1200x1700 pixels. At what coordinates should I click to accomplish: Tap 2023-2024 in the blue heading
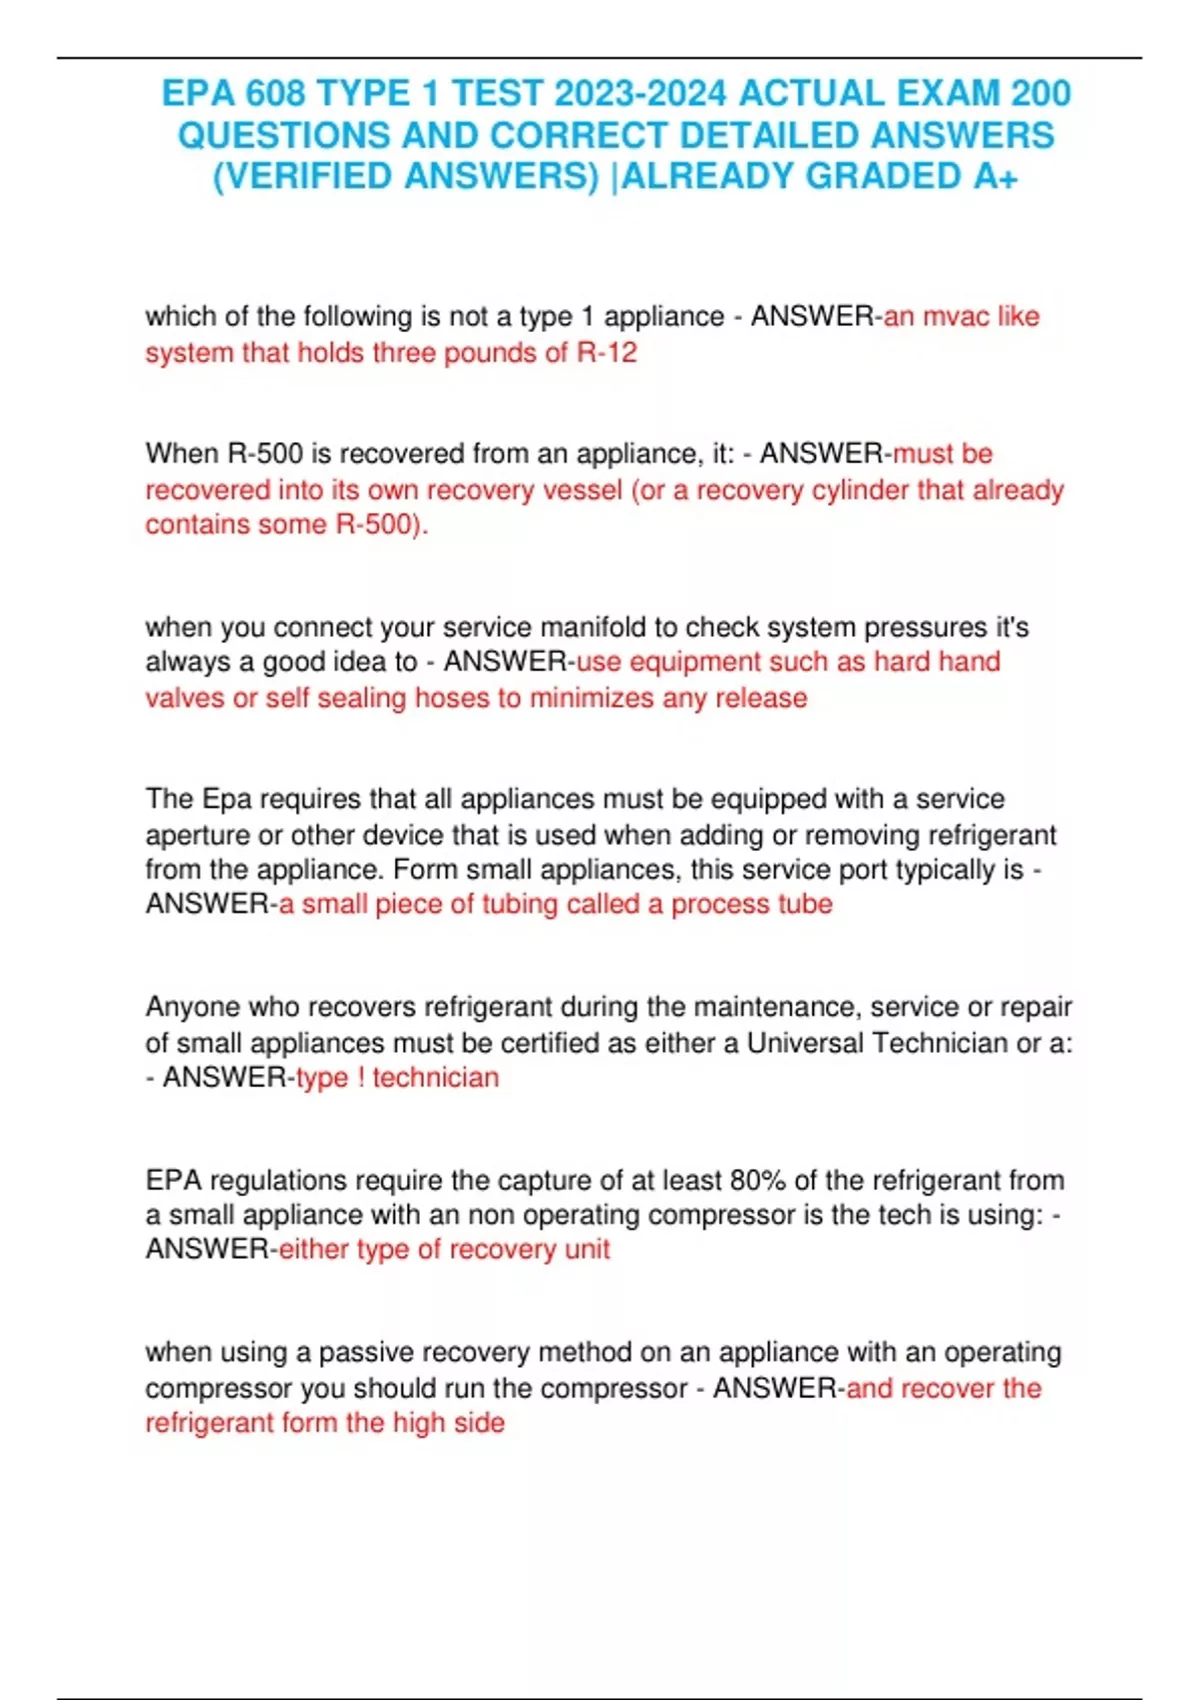point(640,93)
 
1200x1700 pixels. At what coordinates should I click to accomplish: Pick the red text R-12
point(607,352)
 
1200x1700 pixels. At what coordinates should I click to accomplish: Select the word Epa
point(227,798)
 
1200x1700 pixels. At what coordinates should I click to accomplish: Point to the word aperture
point(197,834)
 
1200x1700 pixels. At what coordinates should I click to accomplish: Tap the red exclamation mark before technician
point(360,1077)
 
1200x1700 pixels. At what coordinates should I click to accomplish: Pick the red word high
point(418,1422)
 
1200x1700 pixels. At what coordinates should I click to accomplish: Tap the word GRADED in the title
point(883,176)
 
